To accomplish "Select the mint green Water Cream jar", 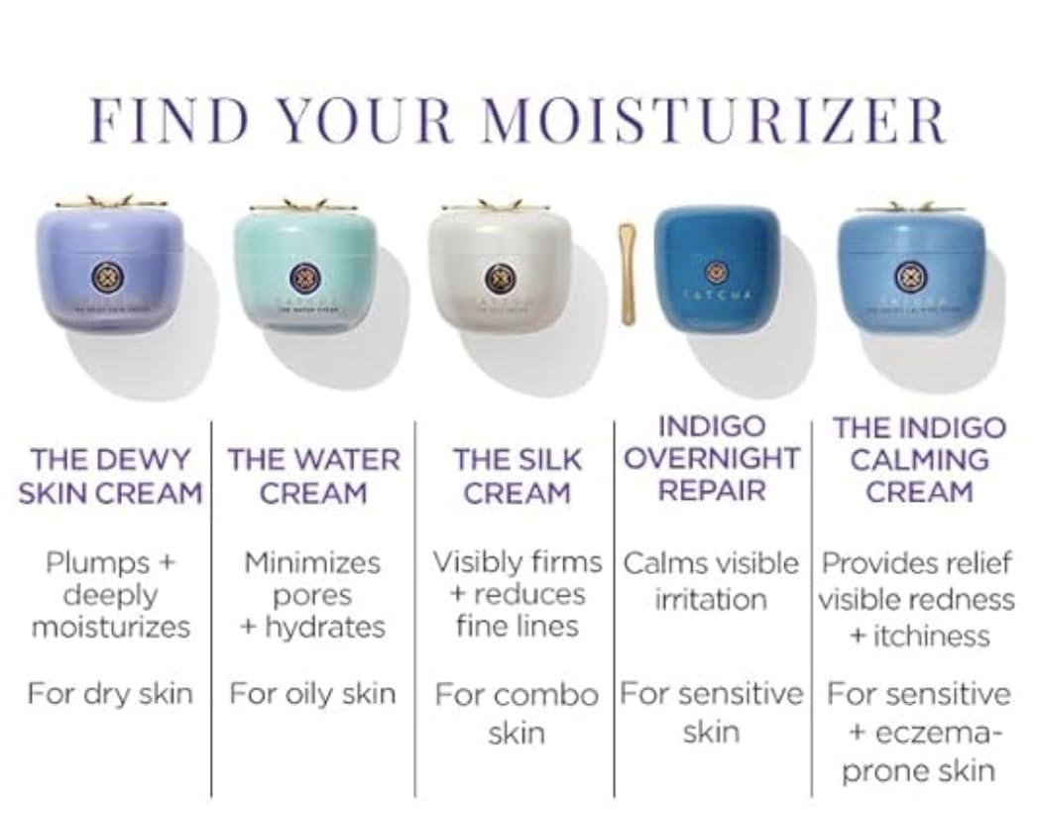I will pos(305,266).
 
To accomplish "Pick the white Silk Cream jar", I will pos(500,266).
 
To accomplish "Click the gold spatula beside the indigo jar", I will pos(628,275).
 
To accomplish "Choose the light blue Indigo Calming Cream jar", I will pos(911,266).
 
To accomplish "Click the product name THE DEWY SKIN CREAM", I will pos(110,476).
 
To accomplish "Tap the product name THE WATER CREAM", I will pos(313,476).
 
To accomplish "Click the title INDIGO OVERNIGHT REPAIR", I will pos(712,458).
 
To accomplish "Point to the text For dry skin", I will pos(110,693).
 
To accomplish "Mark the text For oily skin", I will pos(312,693).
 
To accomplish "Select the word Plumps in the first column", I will pos(97,562).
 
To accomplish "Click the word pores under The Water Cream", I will pos(312,595).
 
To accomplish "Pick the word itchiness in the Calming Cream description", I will pos(930,635).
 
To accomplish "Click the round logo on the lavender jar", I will pos(106,277).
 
